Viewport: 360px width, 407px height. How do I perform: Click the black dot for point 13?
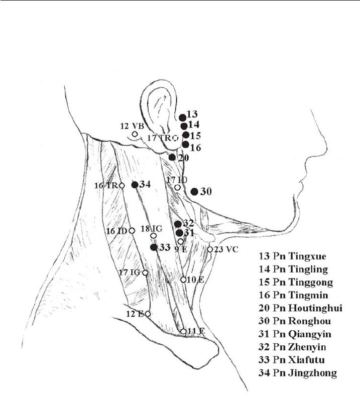coord(182,117)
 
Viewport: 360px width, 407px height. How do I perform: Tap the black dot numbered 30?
coord(194,192)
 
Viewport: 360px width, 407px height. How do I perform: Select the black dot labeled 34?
coord(135,185)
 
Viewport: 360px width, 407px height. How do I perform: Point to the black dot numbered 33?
coord(154,247)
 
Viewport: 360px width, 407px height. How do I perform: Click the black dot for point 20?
coord(172,157)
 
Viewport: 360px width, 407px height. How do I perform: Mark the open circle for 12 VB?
coord(135,134)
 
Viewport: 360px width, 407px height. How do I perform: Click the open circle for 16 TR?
coord(122,186)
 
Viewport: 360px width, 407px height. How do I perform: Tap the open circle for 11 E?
coord(183,331)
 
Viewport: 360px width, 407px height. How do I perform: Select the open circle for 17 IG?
coord(145,273)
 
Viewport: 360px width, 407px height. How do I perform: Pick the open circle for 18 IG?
coord(153,235)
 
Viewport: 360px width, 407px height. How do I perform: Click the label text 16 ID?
coord(116,230)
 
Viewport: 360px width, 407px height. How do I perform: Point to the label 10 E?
coord(195,280)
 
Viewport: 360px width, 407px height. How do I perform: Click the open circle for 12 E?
coord(148,314)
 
